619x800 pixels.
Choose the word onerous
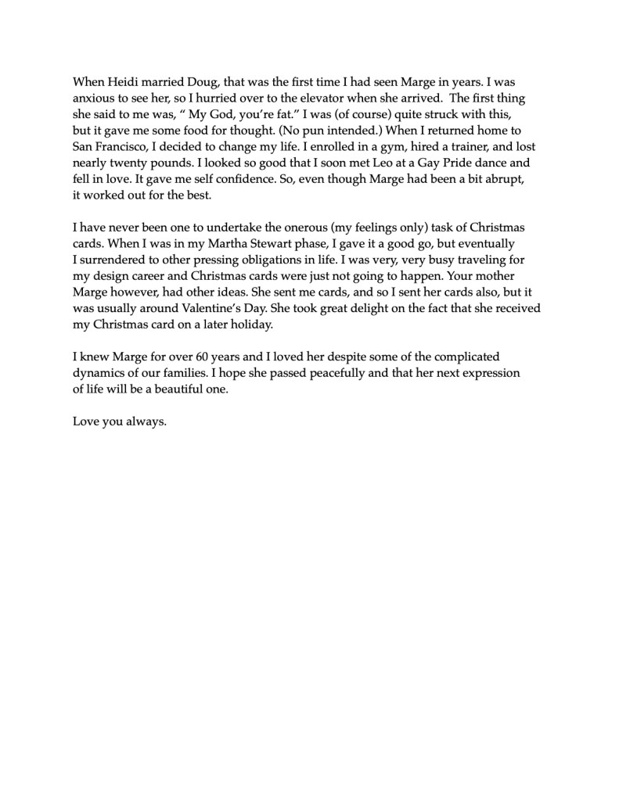[x=297, y=228]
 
